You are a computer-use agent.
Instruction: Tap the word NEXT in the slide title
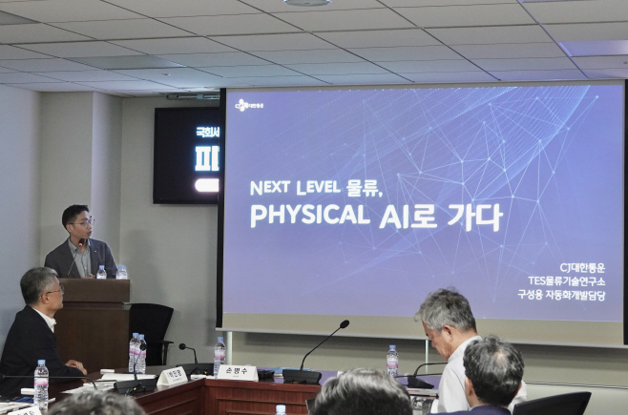pos(270,187)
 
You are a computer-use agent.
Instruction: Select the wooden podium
pos(94,320)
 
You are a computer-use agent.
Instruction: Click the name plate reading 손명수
pos(236,372)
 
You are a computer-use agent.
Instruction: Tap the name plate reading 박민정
pos(173,376)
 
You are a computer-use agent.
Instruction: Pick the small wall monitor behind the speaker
pos(187,156)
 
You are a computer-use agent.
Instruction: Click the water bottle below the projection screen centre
pos(391,361)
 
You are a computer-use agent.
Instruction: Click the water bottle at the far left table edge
pos(41,383)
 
